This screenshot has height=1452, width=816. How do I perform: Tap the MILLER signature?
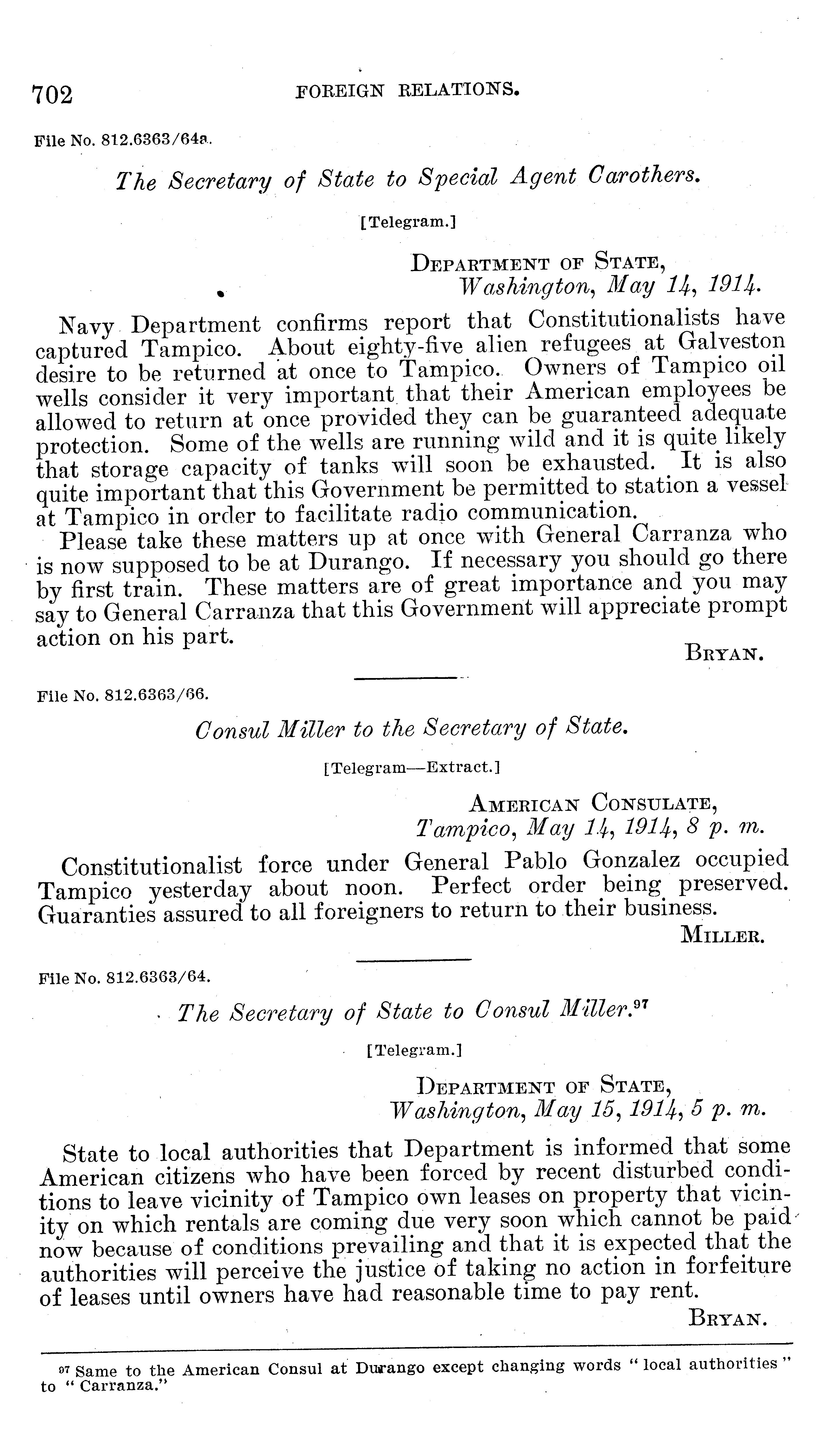pyautogui.click(x=723, y=936)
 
